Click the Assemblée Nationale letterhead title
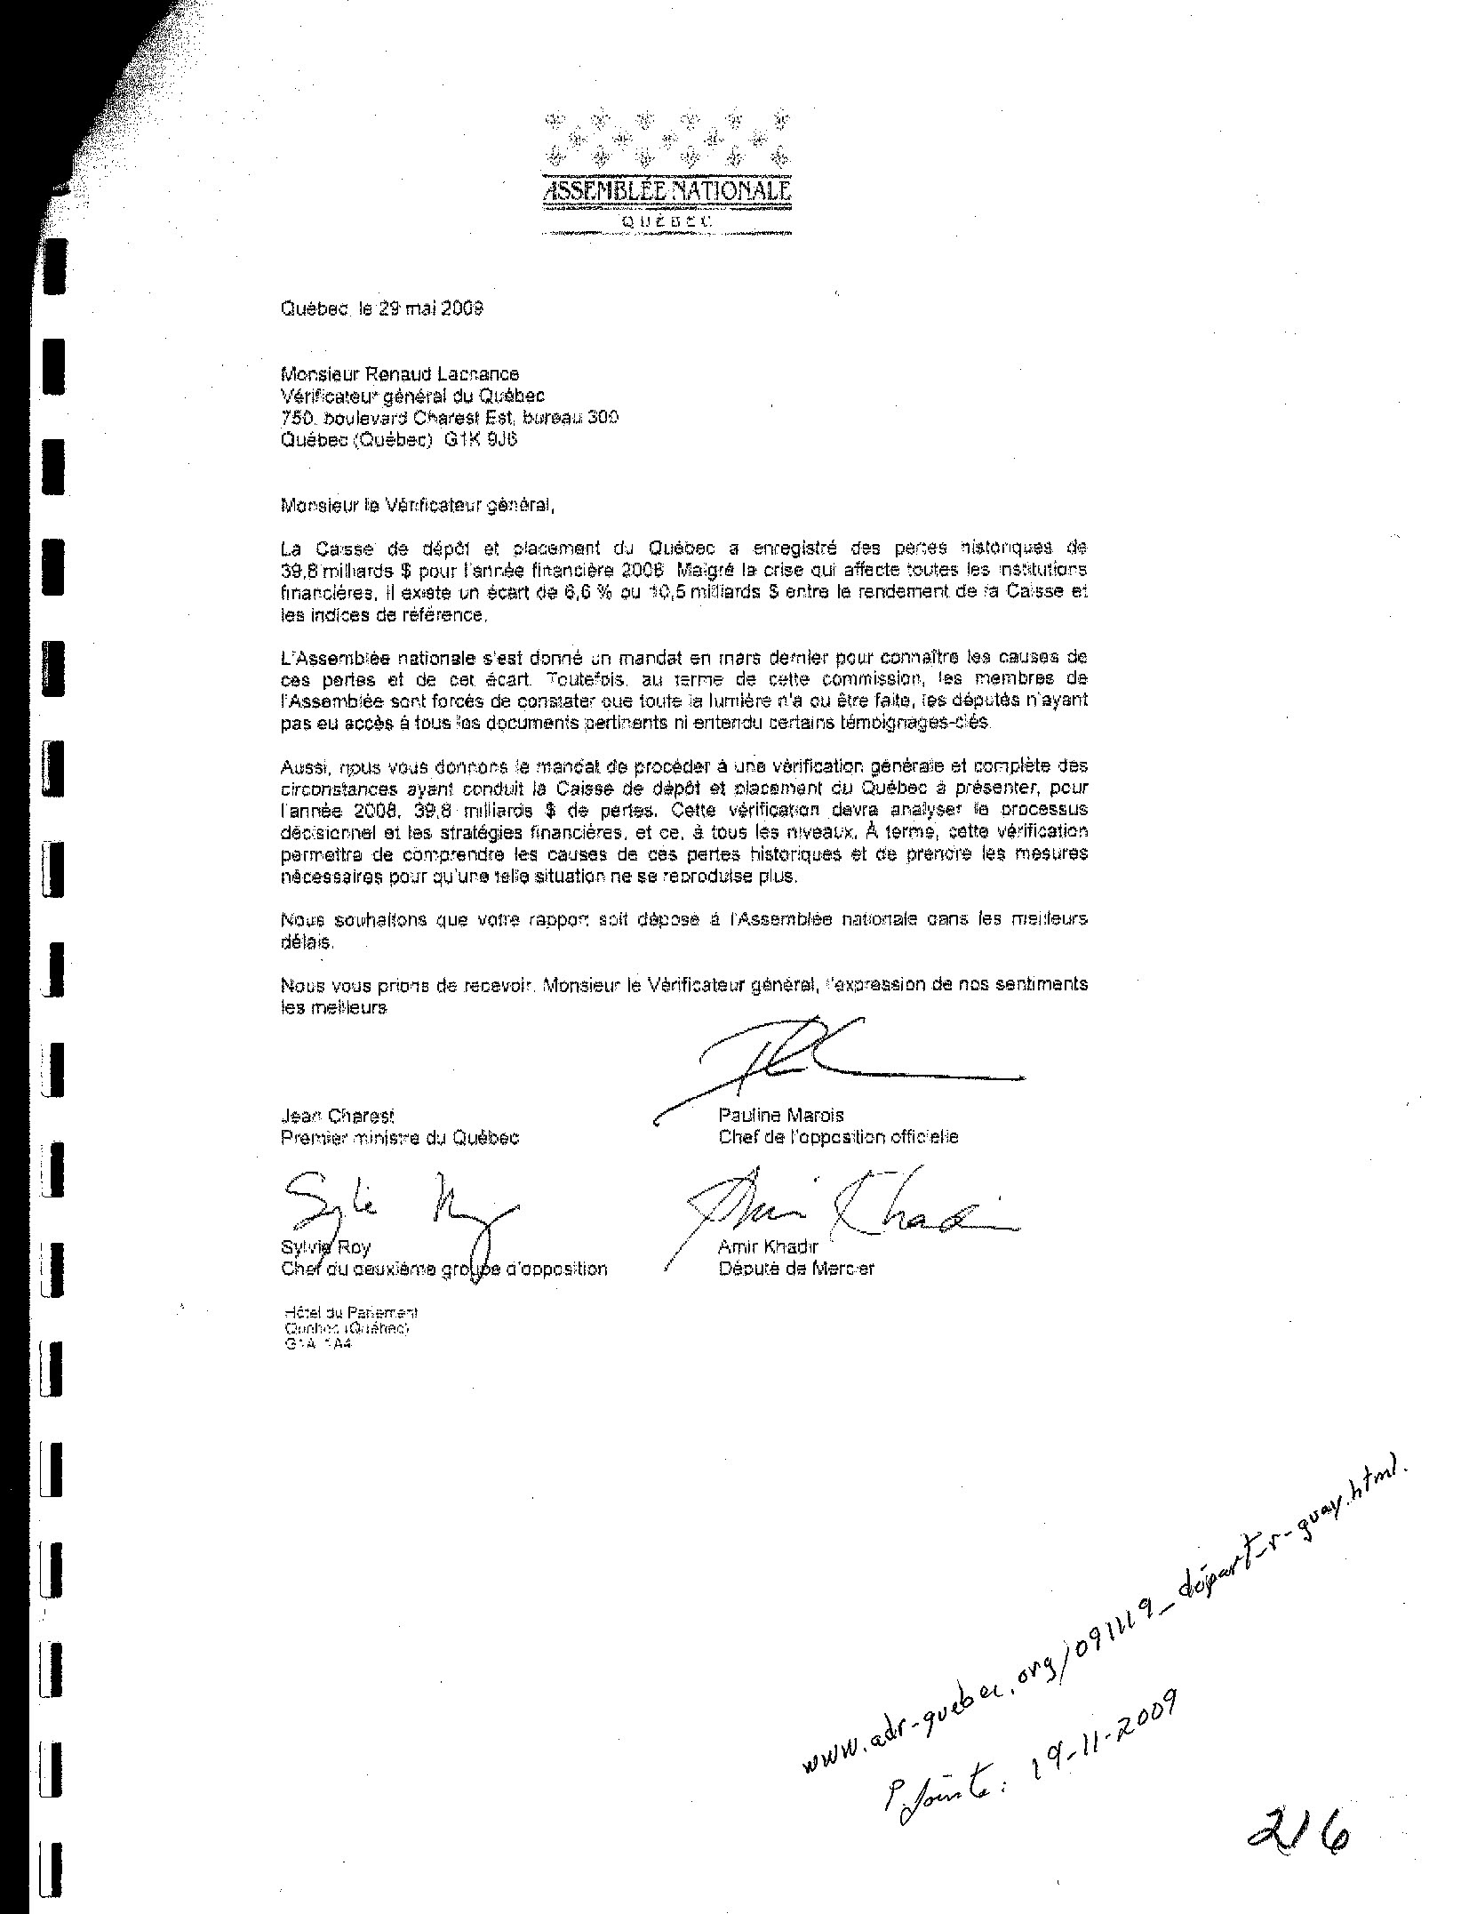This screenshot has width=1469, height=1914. [x=666, y=191]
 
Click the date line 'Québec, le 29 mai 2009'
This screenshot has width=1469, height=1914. [x=381, y=308]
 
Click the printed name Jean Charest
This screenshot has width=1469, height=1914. [x=337, y=1116]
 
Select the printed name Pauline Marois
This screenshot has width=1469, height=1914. [x=781, y=1115]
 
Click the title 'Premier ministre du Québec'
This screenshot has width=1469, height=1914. [x=400, y=1138]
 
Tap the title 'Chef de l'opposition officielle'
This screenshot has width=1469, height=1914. [x=838, y=1137]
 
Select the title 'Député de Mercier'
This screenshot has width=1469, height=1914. [x=796, y=1269]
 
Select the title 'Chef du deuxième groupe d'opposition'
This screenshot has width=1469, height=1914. [x=443, y=1269]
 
